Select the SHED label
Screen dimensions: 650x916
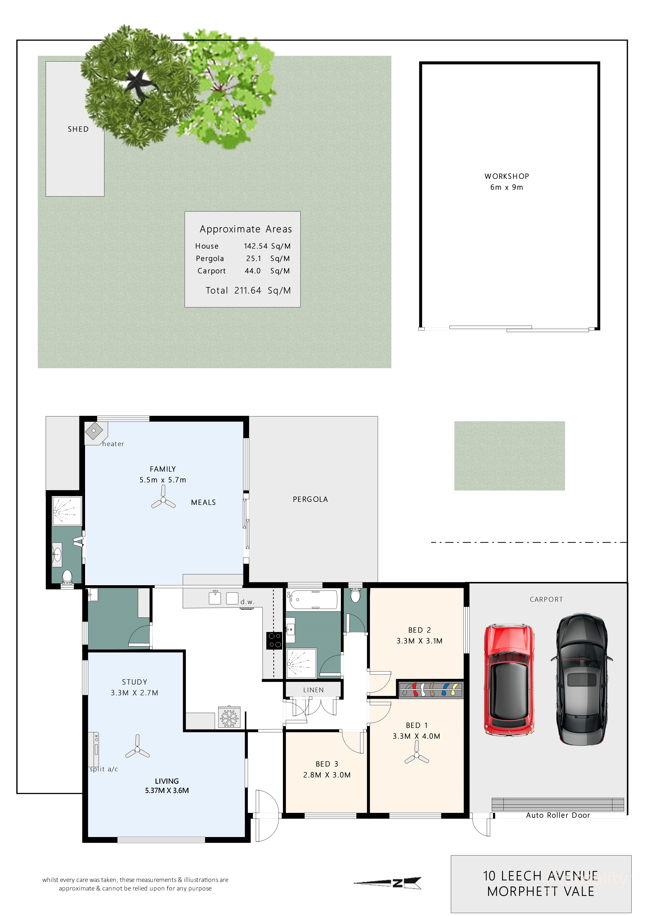[78, 129]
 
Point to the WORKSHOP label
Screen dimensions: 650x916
[507, 176]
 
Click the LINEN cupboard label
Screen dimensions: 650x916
[313, 690]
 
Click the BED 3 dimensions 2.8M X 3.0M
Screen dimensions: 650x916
[327, 775]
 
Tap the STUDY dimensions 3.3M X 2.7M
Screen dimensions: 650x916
[134, 693]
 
